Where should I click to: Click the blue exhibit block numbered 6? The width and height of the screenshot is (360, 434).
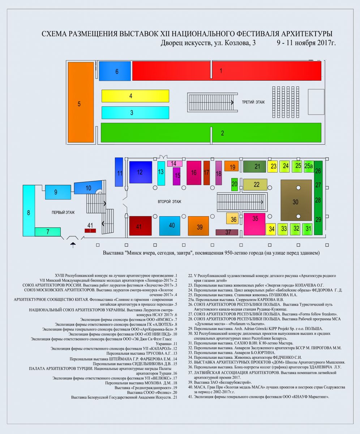click(x=115, y=71)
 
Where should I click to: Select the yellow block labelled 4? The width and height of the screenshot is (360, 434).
click(x=135, y=96)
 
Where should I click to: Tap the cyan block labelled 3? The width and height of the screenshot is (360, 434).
click(x=135, y=112)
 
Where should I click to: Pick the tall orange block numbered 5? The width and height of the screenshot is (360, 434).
click(x=81, y=102)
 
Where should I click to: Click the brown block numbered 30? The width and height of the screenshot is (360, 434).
click(x=296, y=200)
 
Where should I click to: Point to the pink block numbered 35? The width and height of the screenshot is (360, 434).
click(x=254, y=224)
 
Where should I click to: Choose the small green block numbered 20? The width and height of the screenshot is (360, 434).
click(x=235, y=184)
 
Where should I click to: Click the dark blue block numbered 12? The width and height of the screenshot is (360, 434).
click(x=141, y=172)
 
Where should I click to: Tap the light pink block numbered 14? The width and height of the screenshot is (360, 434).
click(x=175, y=163)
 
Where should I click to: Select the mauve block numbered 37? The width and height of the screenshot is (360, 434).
click(x=227, y=232)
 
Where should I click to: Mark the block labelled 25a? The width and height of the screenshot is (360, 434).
click(x=309, y=166)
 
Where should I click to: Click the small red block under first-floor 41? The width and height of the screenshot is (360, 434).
click(x=90, y=230)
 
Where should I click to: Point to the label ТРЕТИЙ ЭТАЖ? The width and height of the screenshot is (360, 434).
click(x=253, y=102)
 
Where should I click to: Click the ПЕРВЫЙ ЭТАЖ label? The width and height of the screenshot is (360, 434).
click(x=63, y=212)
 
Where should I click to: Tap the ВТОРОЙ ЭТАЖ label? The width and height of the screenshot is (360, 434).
click(x=170, y=201)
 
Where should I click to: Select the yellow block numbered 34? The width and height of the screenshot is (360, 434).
click(x=271, y=229)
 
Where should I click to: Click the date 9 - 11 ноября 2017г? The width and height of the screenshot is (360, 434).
click(x=306, y=43)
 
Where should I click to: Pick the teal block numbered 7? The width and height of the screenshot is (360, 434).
click(x=48, y=232)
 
